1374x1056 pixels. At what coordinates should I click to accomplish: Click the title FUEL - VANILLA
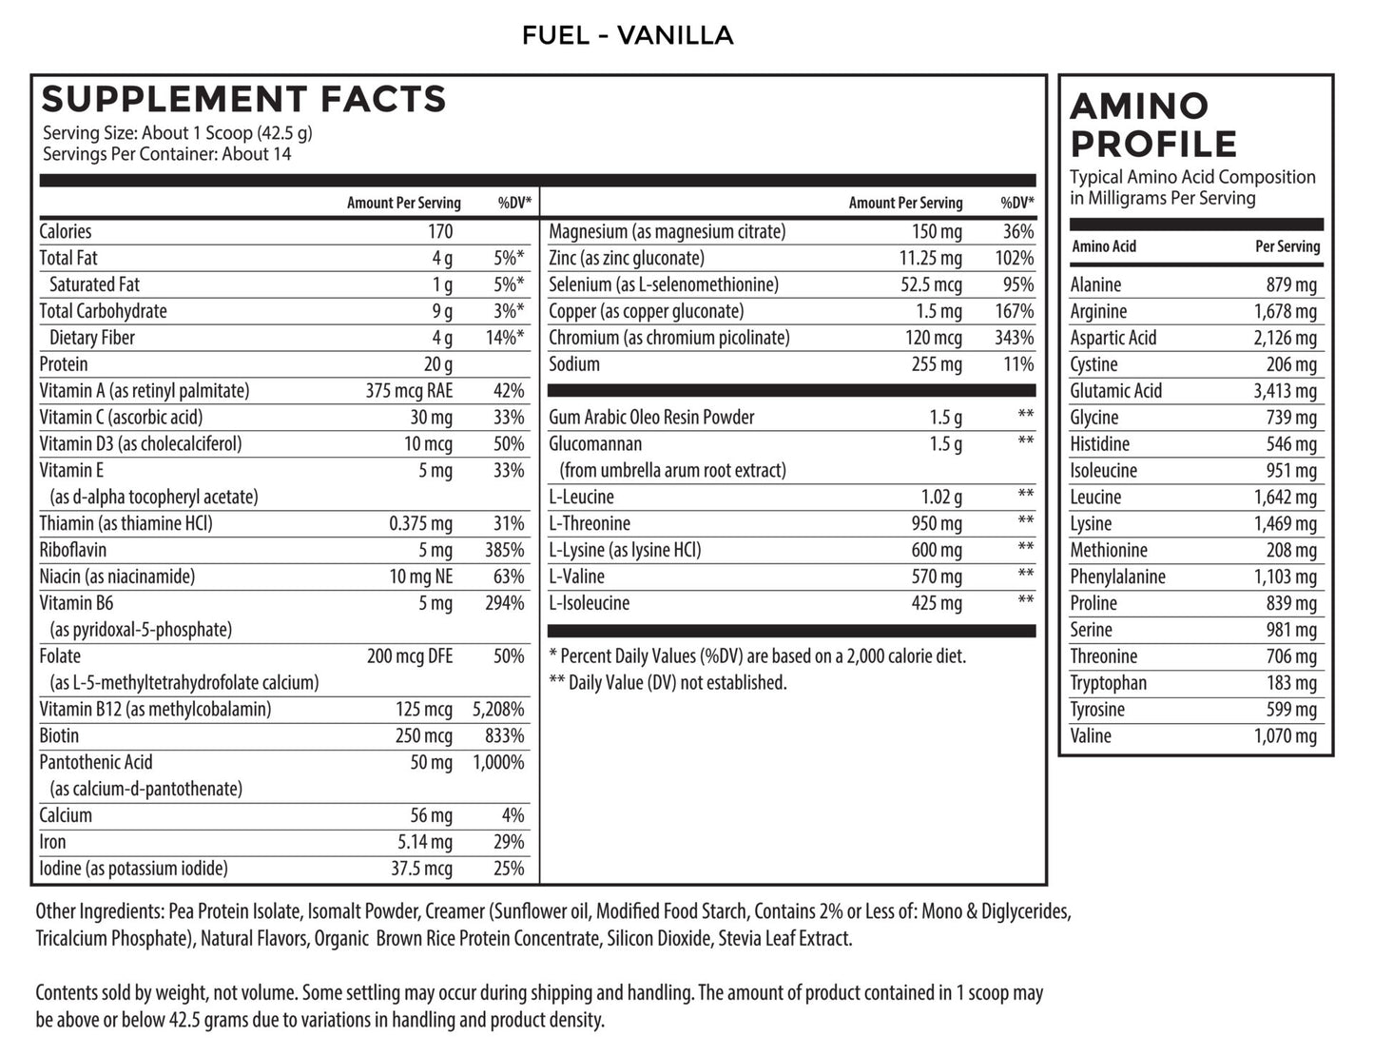[628, 36]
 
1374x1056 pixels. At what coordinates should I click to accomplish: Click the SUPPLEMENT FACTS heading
[243, 99]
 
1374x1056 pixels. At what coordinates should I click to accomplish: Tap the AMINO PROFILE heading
[1153, 125]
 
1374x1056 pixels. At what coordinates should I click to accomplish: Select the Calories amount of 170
[440, 231]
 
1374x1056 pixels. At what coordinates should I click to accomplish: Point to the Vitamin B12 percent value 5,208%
[498, 709]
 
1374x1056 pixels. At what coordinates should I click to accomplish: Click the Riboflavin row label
[73, 550]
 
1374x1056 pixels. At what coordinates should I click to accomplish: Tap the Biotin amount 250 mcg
[424, 735]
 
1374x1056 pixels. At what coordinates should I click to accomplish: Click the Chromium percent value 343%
[1015, 338]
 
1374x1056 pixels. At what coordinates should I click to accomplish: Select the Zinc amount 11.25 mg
[931, 258]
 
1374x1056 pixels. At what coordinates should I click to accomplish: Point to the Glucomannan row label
[595, 444]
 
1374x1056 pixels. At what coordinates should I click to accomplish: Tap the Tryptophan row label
[1108, 683]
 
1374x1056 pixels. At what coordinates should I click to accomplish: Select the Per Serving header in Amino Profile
[1287, 246]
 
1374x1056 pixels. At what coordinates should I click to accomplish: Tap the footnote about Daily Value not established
[668, 682]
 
